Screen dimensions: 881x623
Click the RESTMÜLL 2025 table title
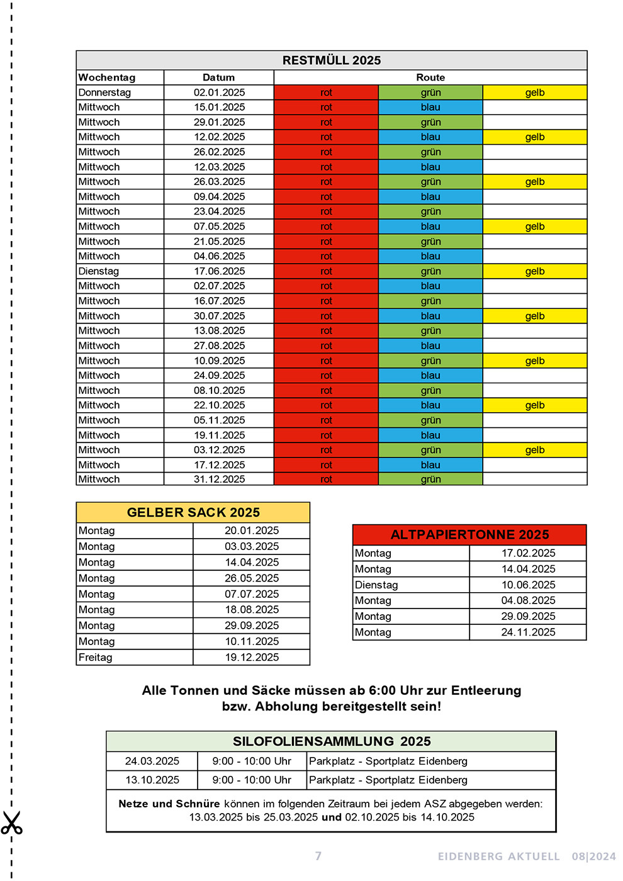click(332, 60)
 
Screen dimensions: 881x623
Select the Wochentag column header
click(107, 77)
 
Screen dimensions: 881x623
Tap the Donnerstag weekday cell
click(104, 93)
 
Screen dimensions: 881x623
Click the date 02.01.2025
click(219, 93)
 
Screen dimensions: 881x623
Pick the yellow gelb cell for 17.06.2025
click(535, 271)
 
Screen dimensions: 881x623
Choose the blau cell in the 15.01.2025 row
click(430, 108)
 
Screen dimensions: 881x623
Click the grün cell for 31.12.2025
click(430, 480)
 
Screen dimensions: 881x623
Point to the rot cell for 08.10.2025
click(326, 391)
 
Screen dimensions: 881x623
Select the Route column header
click(430, 77)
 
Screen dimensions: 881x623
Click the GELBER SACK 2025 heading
click(193, 512)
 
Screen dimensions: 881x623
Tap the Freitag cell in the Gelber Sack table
click(96, 658)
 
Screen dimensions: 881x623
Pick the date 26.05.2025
click(252, 578)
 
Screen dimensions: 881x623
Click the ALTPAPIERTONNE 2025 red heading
click(469, 535)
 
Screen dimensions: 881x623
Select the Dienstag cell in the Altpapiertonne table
click(376, 585)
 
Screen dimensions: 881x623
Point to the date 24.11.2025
click(528, 632)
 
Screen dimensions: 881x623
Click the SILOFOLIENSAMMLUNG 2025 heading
click(332, 741)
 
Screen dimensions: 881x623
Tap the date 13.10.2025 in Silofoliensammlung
click(152, 780)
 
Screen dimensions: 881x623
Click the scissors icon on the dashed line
click(11, 823)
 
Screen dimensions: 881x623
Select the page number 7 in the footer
click(318, 856)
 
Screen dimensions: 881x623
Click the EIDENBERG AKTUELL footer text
click(498, 856)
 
